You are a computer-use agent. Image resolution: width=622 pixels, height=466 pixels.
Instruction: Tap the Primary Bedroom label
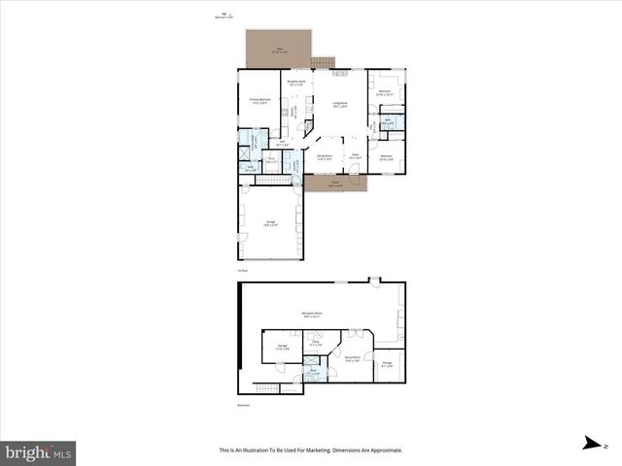(x=259, y=100)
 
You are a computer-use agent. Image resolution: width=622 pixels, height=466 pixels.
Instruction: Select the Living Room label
(x=340, y=104)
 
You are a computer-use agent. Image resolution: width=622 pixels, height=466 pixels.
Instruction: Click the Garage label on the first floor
(x=270, y=222)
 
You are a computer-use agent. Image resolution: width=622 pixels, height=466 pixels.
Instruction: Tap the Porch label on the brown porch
(x=334, y=183)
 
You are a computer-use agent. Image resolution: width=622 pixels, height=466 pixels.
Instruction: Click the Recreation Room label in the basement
(x=313, y=315)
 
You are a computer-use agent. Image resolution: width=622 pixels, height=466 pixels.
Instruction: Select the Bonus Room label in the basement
(x=352, y=358)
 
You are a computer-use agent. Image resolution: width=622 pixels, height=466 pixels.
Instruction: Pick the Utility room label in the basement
(x=315, y=344)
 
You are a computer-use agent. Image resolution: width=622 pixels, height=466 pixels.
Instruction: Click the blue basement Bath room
(x=314, y=372)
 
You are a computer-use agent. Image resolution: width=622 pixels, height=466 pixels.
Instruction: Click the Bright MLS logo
(x=38, y=452)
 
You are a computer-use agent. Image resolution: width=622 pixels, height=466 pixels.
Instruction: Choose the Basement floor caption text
(x=244, y=405)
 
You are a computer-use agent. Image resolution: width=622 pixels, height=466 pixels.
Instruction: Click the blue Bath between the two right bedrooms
(x=387, y=121)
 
